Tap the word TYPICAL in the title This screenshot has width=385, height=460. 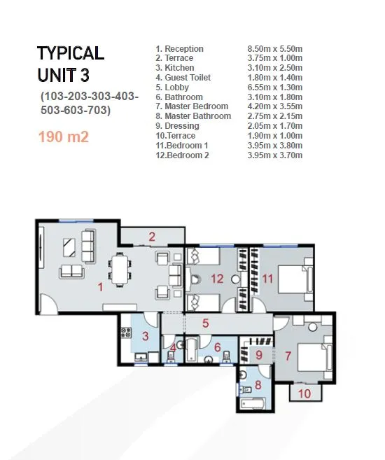[x=70, y=53]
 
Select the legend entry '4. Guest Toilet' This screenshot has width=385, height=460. [x=183, y=78]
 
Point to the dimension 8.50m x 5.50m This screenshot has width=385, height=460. [x=274, y=49]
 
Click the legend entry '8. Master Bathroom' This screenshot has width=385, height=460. [x=193, y=116]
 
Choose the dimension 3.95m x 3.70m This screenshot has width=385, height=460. [x=274, y=155]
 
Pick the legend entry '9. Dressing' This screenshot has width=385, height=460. [x=177, y=126]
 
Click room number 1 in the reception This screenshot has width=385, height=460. [x=100, y=286]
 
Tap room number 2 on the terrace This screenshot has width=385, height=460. [x=151, y=237]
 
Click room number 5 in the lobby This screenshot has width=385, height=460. [x=206, y=323]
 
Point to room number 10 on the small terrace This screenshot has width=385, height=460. [x=304, y=393]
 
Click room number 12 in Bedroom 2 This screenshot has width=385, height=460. [x=218, y=279]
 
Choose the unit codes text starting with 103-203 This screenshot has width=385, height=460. [x=89, y=102]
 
